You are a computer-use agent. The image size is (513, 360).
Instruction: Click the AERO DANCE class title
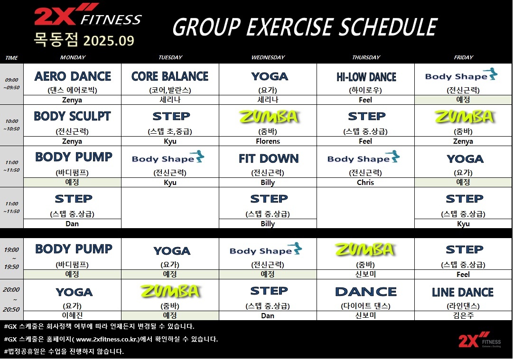pyautogui.click(x=73, y=76)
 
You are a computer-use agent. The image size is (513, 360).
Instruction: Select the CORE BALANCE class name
pyautogui.click(x=170, y=76)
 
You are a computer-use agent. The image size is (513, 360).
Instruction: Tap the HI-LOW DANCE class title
pyautogui.click(x=366, y=77)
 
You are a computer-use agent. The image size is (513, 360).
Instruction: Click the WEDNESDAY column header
pyautogui.click(x=268, y=57)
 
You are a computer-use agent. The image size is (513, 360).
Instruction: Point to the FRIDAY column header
pyautogui.click(x=463, y=57)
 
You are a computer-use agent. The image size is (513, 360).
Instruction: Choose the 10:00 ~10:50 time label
pyautogui.click(x=12, y=125)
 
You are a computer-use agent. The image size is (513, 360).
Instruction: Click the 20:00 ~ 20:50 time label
pyautogui.click(x=11, y=299)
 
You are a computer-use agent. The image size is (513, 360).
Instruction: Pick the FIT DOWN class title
pyautogui.click(x=269, y=158)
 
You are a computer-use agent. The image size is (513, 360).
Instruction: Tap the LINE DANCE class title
pyautogui.click(x=463, y=292)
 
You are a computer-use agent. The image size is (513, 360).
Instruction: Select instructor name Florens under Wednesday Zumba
pyautogui.click(x=268, y=141)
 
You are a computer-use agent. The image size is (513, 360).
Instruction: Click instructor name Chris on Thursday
pyautogui.click(x=365, y=183)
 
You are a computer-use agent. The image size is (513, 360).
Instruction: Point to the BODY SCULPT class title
pyautogui.click(x=72, y=116)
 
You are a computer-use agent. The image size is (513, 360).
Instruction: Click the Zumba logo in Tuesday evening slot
pyautogui.click(x=170, y=291)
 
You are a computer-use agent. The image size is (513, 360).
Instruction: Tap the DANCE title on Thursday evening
pyautogui.click(x=366, y=292)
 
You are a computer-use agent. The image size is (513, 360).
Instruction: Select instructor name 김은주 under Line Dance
pyautogui.click(x=463, y=315)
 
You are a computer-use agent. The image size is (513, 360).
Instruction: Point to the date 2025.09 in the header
pyautogui.click(x=109, y=40)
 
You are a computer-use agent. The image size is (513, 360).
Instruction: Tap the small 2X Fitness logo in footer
pyautogui.click(x=479, y=340)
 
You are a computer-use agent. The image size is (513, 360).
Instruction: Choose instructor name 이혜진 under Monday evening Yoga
pyautogui.click(x=72, y=315)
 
